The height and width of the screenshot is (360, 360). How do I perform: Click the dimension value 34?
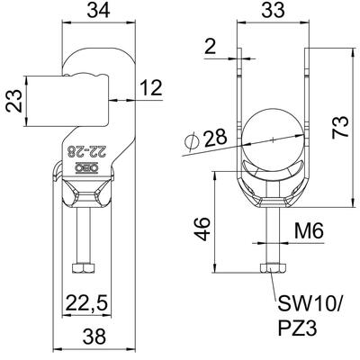pyautogui.click(x=98, y=11)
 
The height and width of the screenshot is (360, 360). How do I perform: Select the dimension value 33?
pyautogui.click(x=273, y=11)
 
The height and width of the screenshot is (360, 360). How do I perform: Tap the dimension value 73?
pyautogui.click(x=341, y=127)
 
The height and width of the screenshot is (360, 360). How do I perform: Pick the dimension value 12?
pyautogui.click(x=151, y=87)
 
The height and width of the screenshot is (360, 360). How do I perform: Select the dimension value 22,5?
pyautogui.click(x=87, y=305)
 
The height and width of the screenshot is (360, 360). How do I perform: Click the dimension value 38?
pyautogui.click(x=94, y=337)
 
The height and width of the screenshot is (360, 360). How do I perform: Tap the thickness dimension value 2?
pyautogui.click(x=211, y=46)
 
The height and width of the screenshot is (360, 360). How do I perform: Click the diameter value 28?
pyautogui.click(x=216, y=139)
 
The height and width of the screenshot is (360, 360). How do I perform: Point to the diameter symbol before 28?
pyautogui.click(x=192, y=141)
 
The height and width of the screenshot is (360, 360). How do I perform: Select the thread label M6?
pyautogui.click(x=309, y=231)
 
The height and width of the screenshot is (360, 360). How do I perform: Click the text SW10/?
pyautogui.click(x=310, y=304)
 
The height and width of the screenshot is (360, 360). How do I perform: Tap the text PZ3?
pyautogui.click(x=297, y=328)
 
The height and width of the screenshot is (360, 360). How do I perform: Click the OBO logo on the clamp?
pyautogui.click(x=87, y=168)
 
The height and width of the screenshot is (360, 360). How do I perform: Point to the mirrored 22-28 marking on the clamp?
pyautogui.click(x=86, y=150)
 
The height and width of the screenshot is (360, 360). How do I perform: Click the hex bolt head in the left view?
pyautogui.click(x=84, y=268)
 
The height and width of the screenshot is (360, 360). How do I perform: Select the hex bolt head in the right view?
pyautogui.click(x=273, y=268)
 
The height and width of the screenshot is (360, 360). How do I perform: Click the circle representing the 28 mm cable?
pyautogui.click(x=274, y=139)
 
